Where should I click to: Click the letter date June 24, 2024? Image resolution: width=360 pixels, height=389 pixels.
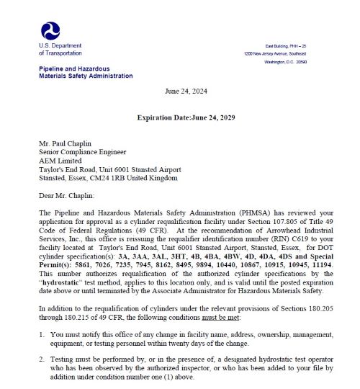(186, 92)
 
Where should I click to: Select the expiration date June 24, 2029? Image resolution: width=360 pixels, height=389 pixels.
(210, 117)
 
